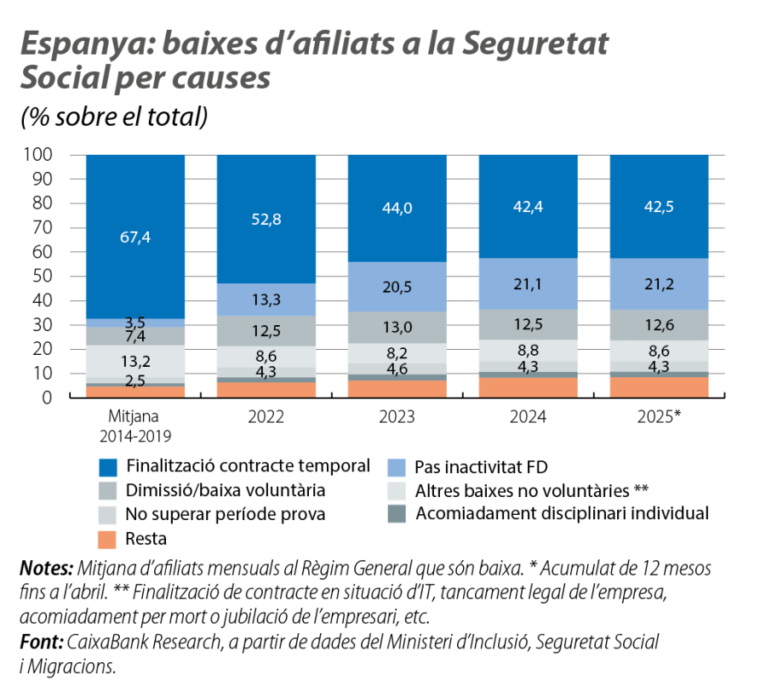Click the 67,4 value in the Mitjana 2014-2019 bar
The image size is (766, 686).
coord(134,237)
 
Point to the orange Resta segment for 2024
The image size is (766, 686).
coord(528,387)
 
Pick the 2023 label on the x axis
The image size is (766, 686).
coord(397,418)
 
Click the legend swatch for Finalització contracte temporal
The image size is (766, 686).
coord(108,467)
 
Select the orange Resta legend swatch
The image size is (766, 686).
coord(108,539)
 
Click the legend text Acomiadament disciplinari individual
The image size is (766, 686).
coord(562,514)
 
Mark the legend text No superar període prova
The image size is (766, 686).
coord(226,515)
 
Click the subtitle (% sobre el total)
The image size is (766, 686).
coord(114,117)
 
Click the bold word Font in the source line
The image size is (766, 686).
coord(39,639)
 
